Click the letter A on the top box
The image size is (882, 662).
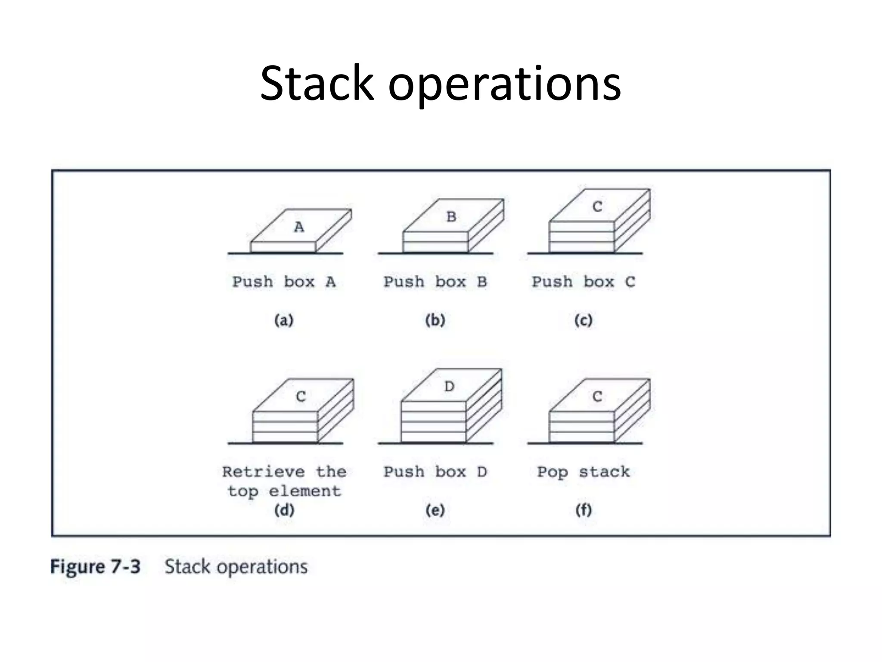[299, 227]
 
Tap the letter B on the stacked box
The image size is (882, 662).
[451, 216]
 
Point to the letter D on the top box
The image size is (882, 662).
[449, 386]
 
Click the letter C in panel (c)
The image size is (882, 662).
[597, 207]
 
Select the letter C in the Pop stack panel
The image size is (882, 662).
[597, 396]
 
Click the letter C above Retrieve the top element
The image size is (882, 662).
[301, 396]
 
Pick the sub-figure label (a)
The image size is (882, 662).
[284, 320]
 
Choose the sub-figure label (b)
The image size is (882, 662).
[435, 320]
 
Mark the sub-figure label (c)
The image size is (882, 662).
[584, 320]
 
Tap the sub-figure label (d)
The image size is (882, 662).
[284, 510]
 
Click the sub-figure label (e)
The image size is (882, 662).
[435, 510]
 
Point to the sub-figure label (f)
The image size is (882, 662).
[584, 510]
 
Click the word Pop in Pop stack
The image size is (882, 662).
[552, 472]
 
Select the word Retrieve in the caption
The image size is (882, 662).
[263, 472]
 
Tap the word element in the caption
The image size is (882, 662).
[305, 491]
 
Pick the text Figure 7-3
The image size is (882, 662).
[95, 566]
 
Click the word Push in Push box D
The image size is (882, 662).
[404, 472]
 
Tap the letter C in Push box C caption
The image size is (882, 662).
[630, 282]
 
